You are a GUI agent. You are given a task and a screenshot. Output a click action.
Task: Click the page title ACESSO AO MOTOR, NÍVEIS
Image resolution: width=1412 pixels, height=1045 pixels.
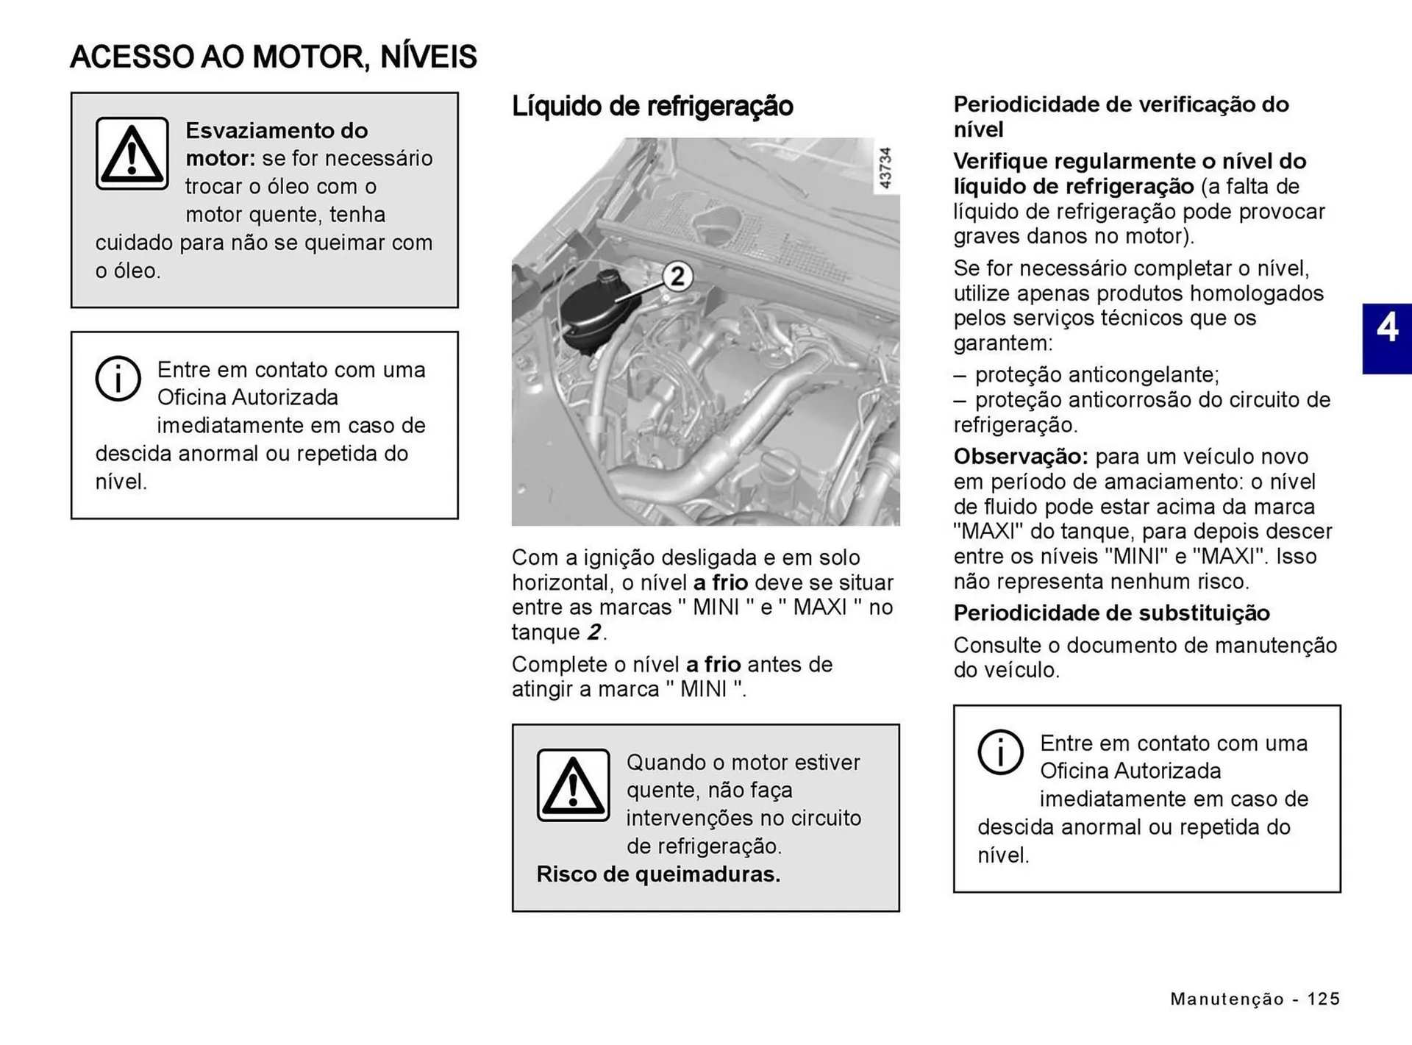coord(273,57)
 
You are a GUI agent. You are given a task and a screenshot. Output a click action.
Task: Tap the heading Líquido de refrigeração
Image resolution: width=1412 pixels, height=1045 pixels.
coord(652,106)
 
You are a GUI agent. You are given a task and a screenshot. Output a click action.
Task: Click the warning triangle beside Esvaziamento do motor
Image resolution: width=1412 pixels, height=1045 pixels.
coord(132,153)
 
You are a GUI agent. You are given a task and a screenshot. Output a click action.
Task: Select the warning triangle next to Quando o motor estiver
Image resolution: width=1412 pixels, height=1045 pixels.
coord(573,785)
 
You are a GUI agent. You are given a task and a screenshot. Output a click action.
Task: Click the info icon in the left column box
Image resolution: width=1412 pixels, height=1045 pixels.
coord(118,379)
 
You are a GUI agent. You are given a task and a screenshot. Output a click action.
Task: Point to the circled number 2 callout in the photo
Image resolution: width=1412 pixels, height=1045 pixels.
coord(677,277)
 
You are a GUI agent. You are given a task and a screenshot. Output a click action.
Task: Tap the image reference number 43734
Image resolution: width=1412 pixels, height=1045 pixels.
coord(885,168)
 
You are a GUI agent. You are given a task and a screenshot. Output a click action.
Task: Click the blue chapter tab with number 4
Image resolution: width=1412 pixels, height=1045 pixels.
coord(1386,339)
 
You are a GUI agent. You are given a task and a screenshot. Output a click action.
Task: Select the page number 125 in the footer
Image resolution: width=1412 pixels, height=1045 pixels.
coord(1323,999)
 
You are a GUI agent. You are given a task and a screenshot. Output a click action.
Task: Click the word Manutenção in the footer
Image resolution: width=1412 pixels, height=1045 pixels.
coord(1227,999)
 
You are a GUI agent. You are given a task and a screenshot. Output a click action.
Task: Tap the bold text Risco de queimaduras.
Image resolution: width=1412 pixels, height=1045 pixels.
coord(658,874)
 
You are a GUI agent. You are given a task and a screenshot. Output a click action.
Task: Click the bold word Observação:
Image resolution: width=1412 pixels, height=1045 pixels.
coord(1020,457)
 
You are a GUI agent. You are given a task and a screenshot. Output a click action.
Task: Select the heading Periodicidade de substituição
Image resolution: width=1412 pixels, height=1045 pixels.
coord(1111,613)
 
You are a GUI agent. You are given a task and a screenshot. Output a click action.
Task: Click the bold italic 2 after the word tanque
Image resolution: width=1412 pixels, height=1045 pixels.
coord(593,632)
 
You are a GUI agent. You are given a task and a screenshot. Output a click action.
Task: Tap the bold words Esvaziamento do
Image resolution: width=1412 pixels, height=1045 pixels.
coord(277,131)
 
